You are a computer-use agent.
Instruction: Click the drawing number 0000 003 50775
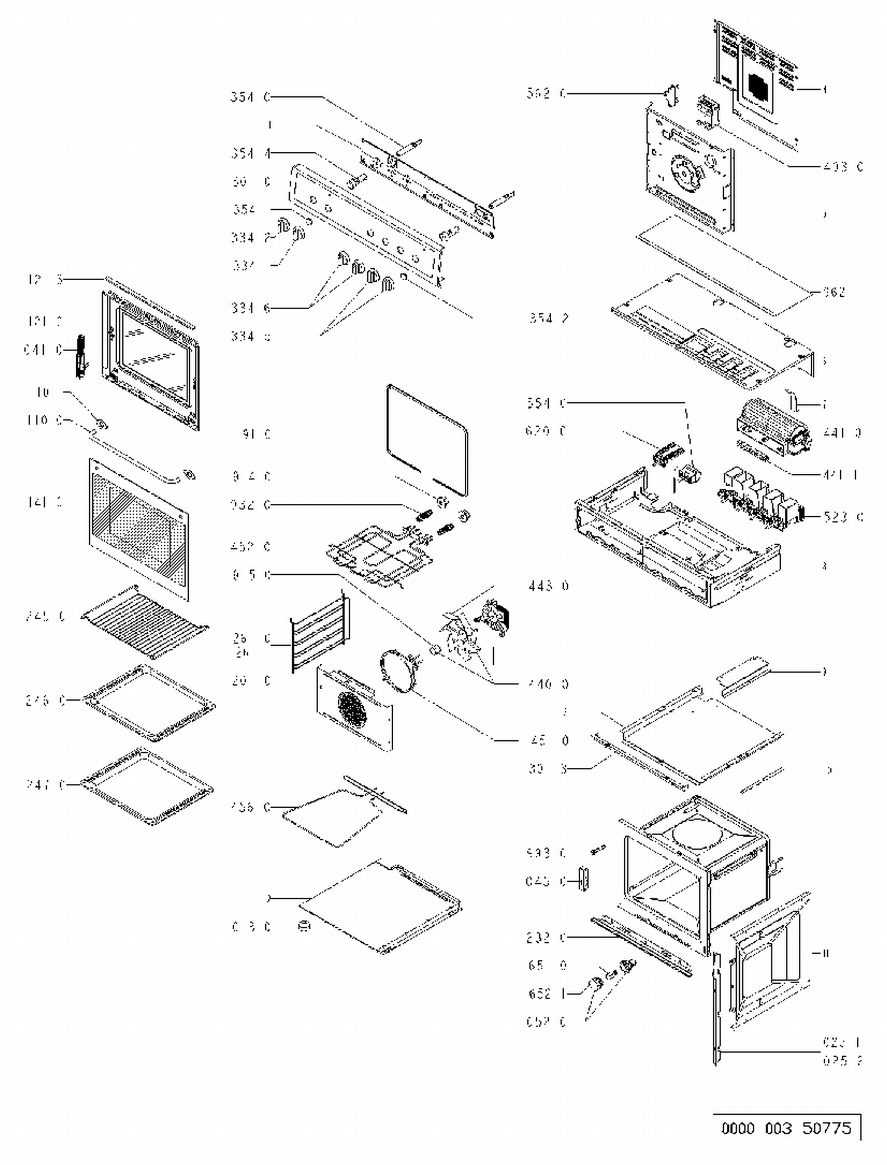point(786,1128)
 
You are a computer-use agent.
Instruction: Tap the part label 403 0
point(842,167)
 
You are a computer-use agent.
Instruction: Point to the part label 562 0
point(546,93)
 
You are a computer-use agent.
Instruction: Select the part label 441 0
point(842,432)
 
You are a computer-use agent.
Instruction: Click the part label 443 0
point(548,585)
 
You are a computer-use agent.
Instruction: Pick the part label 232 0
point(546,938)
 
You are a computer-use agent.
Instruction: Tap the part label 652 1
point(546,994)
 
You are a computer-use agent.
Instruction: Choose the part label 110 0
point(44,420)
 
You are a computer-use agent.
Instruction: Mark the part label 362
point(834,292)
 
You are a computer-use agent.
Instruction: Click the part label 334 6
point(251,307)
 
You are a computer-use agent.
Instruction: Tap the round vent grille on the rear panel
point(354,707)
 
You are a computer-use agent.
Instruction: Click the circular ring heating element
point(397,669)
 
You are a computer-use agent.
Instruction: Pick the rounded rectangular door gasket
point(427,440)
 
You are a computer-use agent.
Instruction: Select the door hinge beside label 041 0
point(80,356)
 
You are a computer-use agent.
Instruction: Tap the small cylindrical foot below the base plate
point(305,926)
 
